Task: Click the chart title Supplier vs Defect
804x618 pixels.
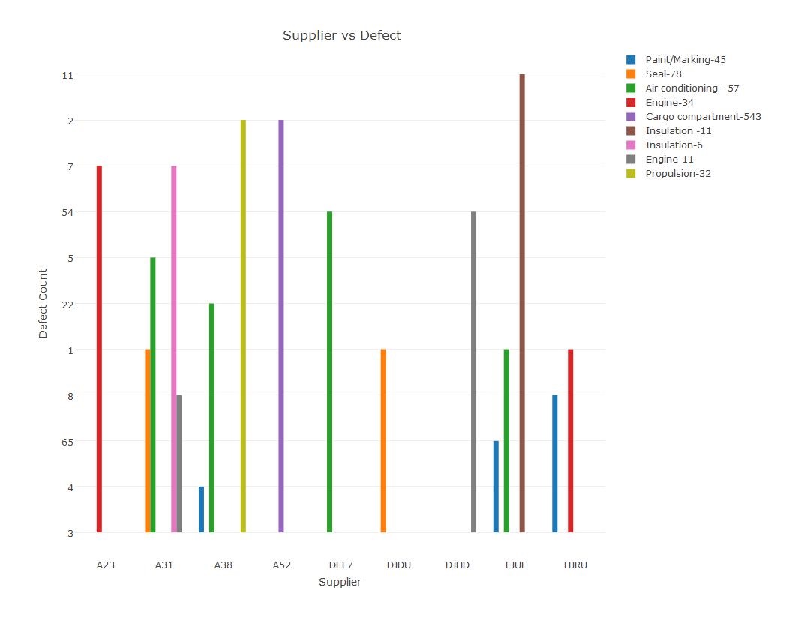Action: click(341, 36)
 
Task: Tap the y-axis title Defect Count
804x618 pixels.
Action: click(43, 303)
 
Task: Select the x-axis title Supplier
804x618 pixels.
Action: click(340, 582)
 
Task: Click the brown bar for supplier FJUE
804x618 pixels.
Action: click(522, 303)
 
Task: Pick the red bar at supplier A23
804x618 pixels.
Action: click(99, 349)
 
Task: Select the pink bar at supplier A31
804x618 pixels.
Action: click(174, 349)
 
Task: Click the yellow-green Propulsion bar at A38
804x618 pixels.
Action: click(243, 326)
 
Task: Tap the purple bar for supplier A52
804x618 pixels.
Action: click(281, 326)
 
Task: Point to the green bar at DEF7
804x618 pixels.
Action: click(329, 372)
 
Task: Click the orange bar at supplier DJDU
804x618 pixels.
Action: click(383, 441)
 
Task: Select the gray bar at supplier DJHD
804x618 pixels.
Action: click(474, 372)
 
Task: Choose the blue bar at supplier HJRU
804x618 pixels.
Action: click(555, 463)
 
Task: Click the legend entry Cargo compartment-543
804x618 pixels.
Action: click(703, 117)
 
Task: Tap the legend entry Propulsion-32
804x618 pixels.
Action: click(678, 174)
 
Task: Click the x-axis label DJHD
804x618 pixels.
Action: click(457, 565)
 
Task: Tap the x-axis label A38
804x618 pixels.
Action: click(223, 565)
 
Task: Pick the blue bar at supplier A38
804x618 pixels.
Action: click(201, 510)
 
